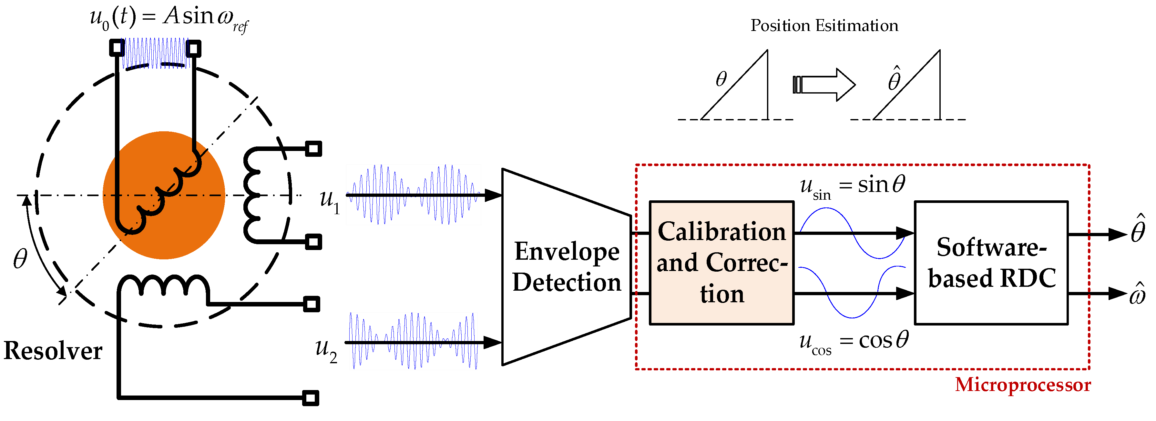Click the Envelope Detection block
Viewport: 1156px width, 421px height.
point(566,267)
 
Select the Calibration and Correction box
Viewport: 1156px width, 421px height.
point(721,263)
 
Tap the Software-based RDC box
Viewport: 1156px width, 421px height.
point(991,263)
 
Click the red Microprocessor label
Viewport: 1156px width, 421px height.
point(1022,385)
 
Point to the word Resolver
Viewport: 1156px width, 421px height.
point(53,351)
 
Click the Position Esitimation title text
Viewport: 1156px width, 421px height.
point(824,25)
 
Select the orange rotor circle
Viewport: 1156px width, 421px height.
point(164,195)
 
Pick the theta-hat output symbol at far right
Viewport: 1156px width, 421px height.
point(1138,230)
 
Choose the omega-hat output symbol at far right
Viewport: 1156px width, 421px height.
point(1138,295)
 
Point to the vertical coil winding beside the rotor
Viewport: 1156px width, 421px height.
point(253,195)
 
